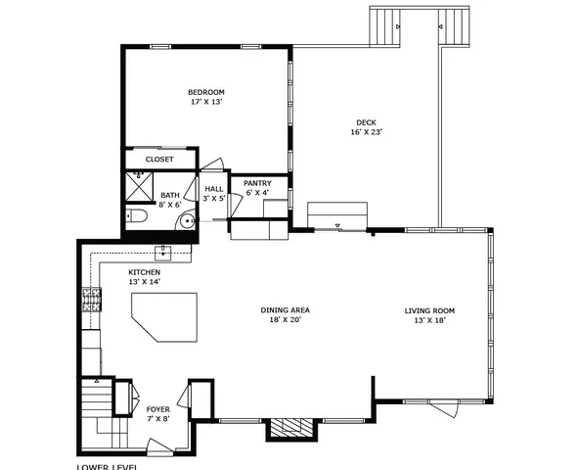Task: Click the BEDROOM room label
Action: [206, 93]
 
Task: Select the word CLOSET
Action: [159, 159]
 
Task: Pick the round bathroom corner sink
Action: [186, 221]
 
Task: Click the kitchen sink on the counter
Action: [165, 254]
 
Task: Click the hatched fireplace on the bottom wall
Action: [289, 427]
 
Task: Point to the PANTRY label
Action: [257, 182]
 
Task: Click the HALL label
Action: [214, 188]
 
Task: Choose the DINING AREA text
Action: [285, 310]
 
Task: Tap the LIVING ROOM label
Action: [429, 310]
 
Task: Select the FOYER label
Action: [157, 408]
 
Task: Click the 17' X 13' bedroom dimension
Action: [206, 103]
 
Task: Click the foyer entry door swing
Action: [156, 449]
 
